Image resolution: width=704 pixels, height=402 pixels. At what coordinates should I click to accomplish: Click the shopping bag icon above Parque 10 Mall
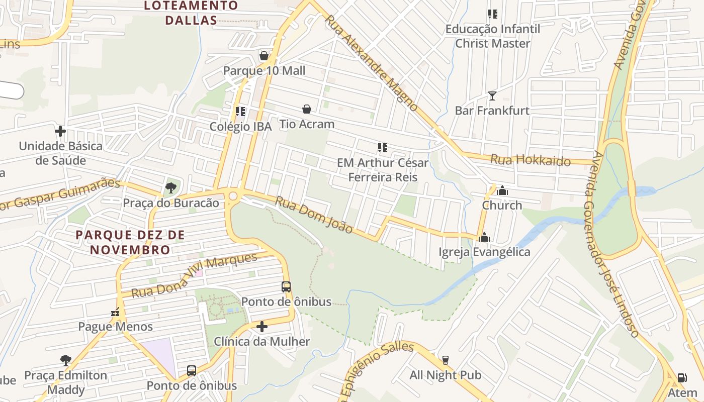coord(263,56)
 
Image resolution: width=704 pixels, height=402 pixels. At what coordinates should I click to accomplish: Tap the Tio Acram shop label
coord(307,124)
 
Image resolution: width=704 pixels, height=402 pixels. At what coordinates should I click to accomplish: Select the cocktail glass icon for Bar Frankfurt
coord(492,95)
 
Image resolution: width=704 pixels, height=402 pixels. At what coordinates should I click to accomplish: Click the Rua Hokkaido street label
coord(530,160)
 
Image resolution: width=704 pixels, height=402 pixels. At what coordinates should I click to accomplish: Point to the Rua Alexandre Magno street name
coord(371,63)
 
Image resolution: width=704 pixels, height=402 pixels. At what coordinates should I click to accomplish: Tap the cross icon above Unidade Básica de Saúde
coord(60,132)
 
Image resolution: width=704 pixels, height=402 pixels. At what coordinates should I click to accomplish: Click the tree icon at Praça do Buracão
coord(171,188)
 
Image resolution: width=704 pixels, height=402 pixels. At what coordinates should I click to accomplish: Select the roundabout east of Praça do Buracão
coord(233,195)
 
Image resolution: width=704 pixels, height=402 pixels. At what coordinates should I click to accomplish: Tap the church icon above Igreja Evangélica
coord(484,237)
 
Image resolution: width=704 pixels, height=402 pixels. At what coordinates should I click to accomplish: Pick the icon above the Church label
coord(502,190)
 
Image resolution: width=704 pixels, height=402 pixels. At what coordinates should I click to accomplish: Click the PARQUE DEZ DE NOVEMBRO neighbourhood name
coord(130,242)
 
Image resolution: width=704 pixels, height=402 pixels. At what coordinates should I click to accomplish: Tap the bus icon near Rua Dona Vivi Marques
coord(286,287)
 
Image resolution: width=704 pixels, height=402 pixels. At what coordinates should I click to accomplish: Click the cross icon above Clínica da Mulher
coord(261,327)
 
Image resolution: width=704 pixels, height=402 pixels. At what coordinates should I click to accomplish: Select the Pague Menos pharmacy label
coord(115,327)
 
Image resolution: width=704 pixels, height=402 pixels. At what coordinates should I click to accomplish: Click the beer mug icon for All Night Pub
coord(445,360)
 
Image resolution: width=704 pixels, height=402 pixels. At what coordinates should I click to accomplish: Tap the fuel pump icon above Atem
coord(682,378)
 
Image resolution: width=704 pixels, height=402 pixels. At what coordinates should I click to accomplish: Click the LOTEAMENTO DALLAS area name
coord(191,13)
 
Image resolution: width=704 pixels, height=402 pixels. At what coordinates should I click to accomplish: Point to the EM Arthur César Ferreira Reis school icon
coord(382,148)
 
